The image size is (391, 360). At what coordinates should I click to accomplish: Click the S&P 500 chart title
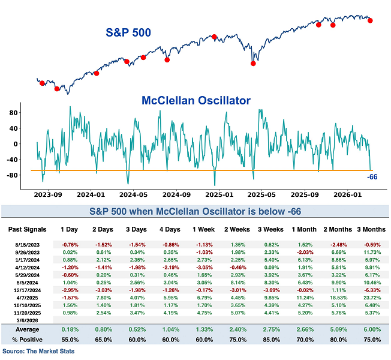click(x=128, y=32)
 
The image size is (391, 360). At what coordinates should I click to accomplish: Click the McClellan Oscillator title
click(x=195, y=100)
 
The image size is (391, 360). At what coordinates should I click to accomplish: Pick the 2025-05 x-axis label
click(x=261, y=196)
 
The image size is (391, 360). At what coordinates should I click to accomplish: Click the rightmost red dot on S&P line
click(x=370, y=20)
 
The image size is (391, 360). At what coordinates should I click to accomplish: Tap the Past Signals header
click(x=27, y=229)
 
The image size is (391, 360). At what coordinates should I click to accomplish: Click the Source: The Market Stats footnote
click(x=40, y=350)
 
